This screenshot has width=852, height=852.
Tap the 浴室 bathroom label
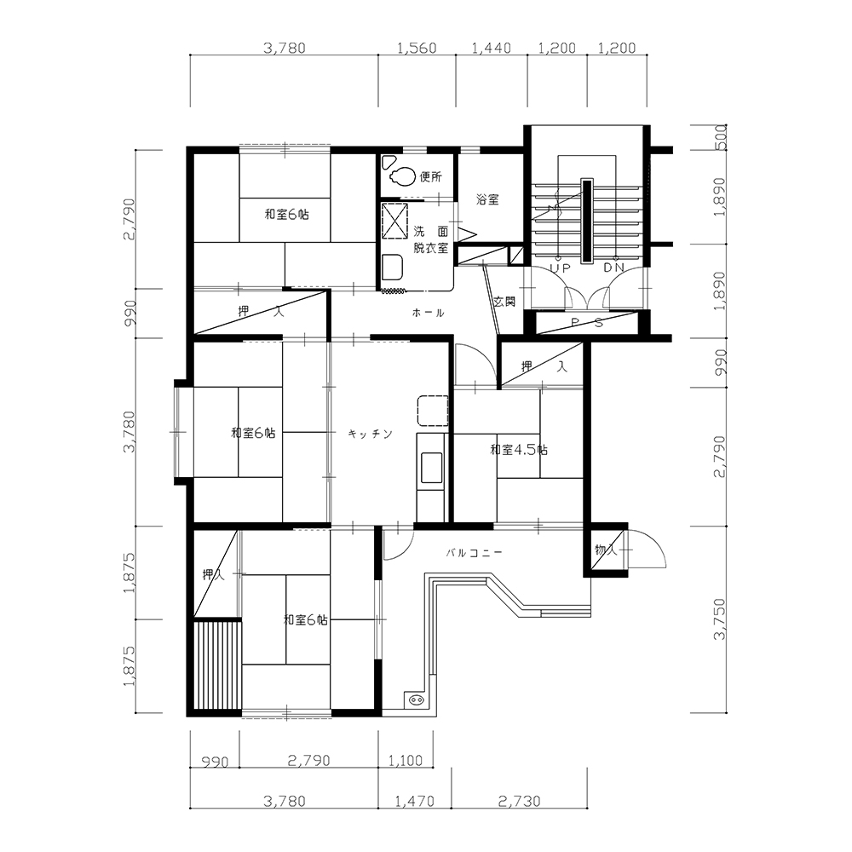click(487, 199)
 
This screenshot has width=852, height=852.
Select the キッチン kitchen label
click(370, 434)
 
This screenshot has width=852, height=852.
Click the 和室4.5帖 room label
click(518, 450)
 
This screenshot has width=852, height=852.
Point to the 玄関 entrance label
click(504, 301)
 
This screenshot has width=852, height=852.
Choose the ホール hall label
click(429, 313)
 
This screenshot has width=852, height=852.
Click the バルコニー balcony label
click(474, 553)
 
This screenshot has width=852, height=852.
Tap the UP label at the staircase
click(560, 268)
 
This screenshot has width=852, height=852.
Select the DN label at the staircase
click(614, 268)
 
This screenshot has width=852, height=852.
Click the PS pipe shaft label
click(587, 323)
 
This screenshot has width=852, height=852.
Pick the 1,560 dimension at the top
click(417, 48)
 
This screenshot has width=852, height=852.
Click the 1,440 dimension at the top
click(492, 48)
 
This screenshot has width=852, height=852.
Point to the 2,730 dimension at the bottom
click(520, 801)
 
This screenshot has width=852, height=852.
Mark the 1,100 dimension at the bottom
click(406, 760)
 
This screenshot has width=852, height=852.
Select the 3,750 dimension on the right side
click(719, 619)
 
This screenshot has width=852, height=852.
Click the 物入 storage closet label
click(605, 550)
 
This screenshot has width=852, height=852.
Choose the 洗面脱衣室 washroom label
click(431, 239)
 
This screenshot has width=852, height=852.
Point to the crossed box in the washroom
click(395, 220)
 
